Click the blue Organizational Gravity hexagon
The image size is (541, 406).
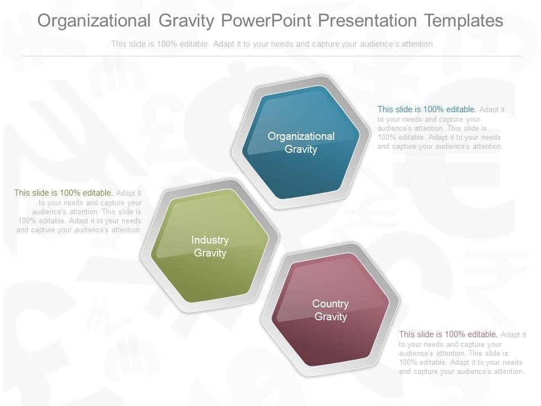pyautogui.click(x=301, y=142)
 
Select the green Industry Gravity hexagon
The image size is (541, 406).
pyautogui.click(x=210, y=246)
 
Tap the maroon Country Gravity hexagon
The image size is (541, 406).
pyautogui.click(x=331, y=310)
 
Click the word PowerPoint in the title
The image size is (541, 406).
pyautogui.click(x=266, y=20)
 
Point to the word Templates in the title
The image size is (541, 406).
pyautogui.click(x=463, y=20)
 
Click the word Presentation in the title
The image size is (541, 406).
pyautogui.click(x=367, y=20)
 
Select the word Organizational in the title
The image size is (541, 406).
pyautogui.click(x=94, y=20)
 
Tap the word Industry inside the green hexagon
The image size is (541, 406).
pyautogui.click(x=210, y=240)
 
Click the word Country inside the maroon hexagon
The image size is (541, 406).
pyautogui.click(x=331, y=303)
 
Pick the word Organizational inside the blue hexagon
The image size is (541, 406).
pyautogui.click(x=301, y=136)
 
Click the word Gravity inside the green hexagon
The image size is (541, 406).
pyautogui.click(x=210, y=253)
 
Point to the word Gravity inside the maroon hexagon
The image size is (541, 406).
pyautogui.click(x=331, y=316)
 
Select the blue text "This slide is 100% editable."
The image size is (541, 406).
pyautogui.click(x=427, y=109)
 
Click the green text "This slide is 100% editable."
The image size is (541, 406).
pyautogui.click(x=64, y=193)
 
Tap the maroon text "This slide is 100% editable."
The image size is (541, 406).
pyautogui.click(x=448, y=334)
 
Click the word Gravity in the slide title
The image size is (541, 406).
pyautogui.click(x=187, y=20)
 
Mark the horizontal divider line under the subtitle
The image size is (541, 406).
pyautogui.click(x=271, y=56)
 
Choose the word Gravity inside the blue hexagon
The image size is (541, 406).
pyautogui.click(x=301, y=149)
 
